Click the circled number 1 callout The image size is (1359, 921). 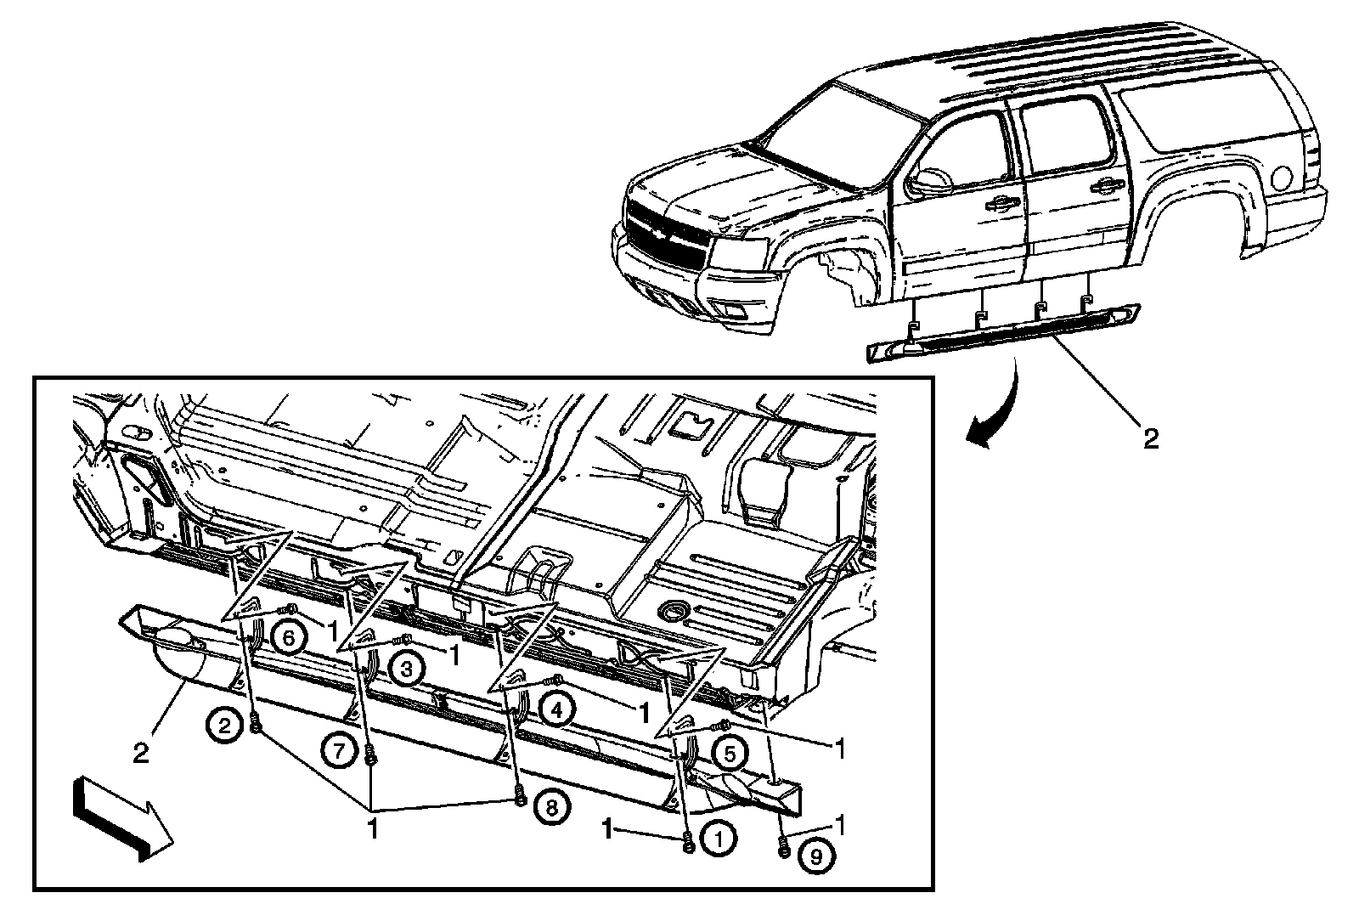point(719,840)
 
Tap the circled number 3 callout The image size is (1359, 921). point(407,670)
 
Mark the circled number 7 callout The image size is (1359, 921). point(338,751)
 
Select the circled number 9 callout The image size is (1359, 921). point(816,857)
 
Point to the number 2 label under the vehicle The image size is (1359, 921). point(1149,438)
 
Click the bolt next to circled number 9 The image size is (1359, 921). point(783,846)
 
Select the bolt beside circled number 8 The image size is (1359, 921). point(520,799)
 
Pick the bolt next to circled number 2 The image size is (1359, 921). point(256,725)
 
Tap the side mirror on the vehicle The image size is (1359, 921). point(930,179)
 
